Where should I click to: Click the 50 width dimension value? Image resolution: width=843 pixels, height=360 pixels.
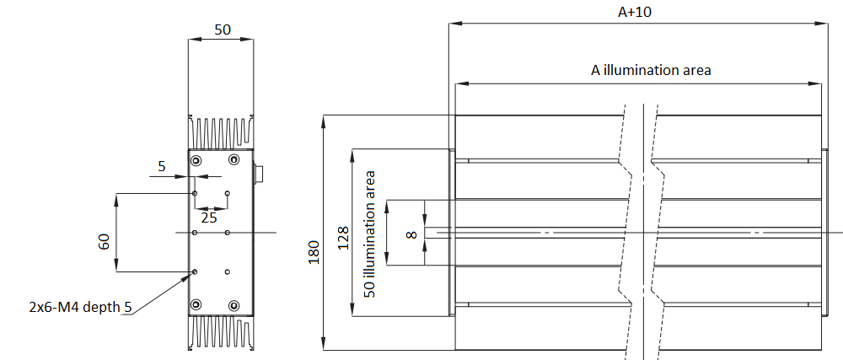point(222,30)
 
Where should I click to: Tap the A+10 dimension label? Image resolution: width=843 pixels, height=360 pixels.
point(635,12)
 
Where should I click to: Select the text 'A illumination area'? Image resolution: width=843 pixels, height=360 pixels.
point(651,70)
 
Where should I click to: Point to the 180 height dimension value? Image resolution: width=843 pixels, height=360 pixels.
point(314,251)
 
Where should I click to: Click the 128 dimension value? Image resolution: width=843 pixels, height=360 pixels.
point(342,237)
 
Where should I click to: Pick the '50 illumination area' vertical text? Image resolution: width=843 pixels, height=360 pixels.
point(369,234)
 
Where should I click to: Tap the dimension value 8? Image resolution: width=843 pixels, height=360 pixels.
point(412,234)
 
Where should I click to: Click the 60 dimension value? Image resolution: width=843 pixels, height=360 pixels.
point(104,241)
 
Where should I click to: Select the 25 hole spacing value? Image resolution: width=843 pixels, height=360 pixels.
point(208,218)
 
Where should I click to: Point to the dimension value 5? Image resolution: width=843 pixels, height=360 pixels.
point(162,167)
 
